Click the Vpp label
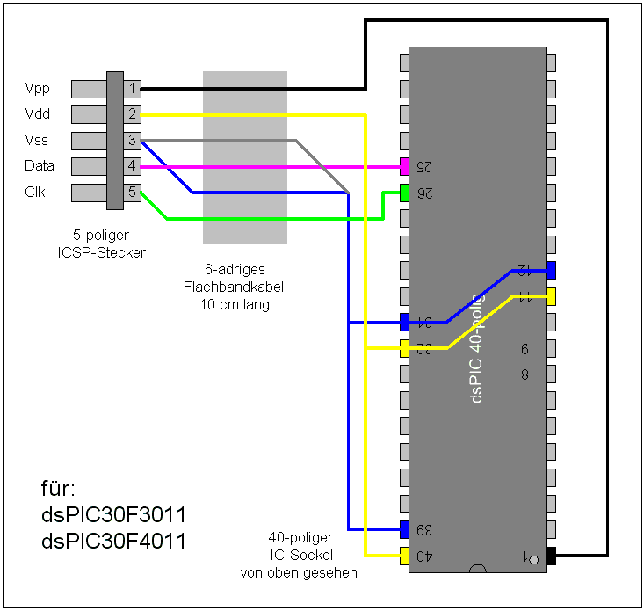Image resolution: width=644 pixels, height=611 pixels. click(38, 88)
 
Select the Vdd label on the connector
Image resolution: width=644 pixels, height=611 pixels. click(38, 113)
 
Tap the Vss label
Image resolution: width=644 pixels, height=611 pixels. click(38, 140)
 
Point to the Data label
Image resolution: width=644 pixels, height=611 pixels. click(40, 165)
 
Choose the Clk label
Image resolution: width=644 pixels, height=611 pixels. click(35, 192)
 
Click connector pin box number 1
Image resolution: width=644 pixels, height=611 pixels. click(132, 88)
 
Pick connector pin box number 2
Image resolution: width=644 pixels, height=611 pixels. click(132, 113)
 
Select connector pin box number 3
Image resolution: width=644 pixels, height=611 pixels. click(132, 140)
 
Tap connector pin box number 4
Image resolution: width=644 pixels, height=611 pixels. click(132, 165)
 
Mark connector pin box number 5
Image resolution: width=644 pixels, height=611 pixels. click(132, 192)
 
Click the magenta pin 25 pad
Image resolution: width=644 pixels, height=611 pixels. click(404, 166)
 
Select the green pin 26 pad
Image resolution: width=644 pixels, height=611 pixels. click(404, 192)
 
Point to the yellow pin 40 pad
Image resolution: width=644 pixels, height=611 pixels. click(404, 556)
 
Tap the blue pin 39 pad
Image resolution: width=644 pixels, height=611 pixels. click(404, 529)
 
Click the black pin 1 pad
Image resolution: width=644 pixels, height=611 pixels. click(552, 556)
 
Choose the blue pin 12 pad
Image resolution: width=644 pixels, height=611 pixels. click(551, 270)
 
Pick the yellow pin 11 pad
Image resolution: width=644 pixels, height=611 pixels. click(551, 295)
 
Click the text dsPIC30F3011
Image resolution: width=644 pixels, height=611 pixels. click(114, 513)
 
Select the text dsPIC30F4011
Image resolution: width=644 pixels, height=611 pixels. click(114, 541)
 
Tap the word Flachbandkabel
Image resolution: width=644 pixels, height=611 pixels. click(234, 287)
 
